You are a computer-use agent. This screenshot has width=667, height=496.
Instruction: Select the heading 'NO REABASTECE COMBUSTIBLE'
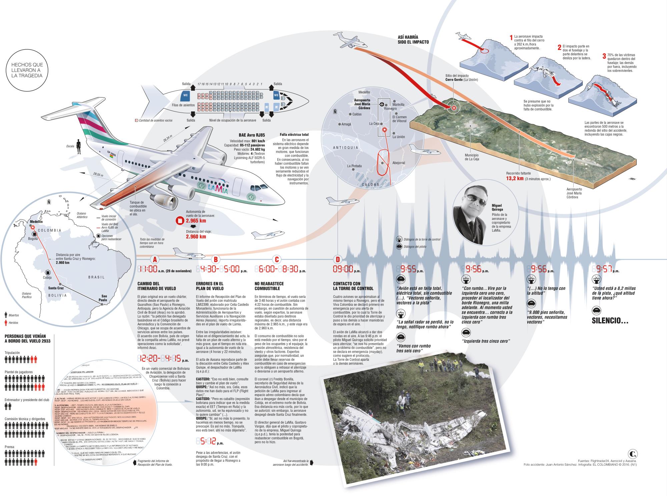tap(269, 286)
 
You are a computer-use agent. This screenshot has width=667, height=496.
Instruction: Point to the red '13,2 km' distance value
tap(515, 179)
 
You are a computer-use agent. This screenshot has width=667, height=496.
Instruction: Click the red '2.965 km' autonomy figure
tap(196, 221)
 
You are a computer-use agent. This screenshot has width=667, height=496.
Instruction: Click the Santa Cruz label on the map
tap(56, 288)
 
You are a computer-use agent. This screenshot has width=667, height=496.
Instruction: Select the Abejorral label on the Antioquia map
tap(399, 163)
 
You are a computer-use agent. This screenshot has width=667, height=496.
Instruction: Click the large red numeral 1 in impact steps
tap(511, 38)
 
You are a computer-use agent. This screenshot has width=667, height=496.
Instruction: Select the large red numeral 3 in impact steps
tap(604, 56)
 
